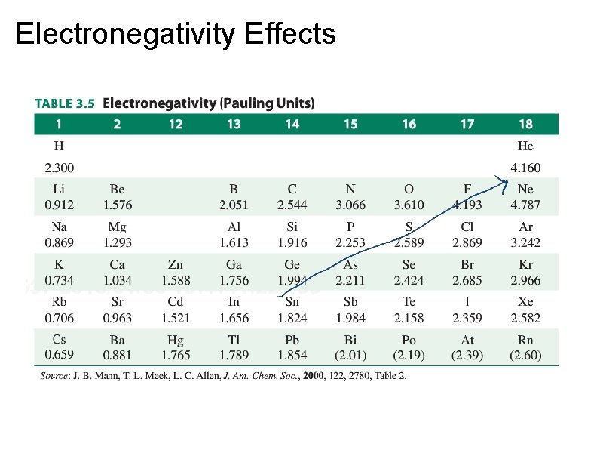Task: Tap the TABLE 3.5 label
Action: tap(65, 103)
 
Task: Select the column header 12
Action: tap(175, 124)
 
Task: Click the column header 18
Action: tap(525, 124)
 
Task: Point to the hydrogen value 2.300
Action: tap(59, 168)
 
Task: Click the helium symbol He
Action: tap(525, 146)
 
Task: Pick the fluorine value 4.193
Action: tap(467, 205)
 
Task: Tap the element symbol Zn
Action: tap(175, 265)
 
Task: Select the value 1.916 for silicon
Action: tap(292, 242)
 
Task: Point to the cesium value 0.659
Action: tap(59, 354)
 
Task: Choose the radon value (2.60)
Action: tap(525, 355)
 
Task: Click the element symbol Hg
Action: tap(175, 341)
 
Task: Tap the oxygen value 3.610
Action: tap(409, 205)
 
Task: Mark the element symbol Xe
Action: tap(525, 303)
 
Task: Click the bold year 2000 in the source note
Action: tap(314, 376)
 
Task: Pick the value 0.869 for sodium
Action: tap(59, 242)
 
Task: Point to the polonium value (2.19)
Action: tap(409, 355)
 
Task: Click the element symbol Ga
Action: tap(234, 265)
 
